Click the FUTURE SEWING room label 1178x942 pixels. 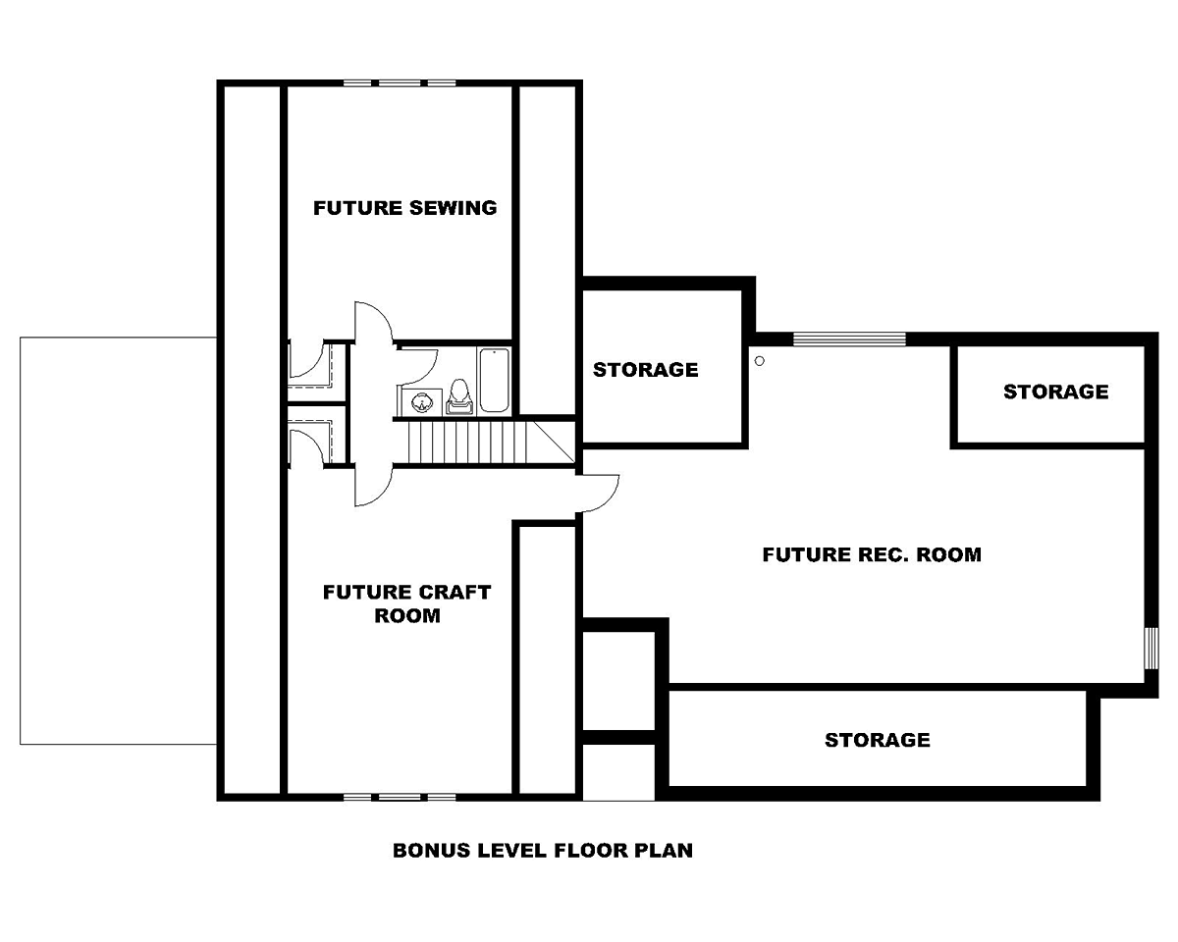click(405, 208)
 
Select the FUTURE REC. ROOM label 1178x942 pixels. click(872, 554)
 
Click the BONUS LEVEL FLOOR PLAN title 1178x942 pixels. click(543, 850)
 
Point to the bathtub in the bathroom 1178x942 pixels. click(494, 381)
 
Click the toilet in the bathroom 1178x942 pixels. click(459, 396)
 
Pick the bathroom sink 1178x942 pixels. click(421, 402)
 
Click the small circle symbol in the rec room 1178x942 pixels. click(759, 361)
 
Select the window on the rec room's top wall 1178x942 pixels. click(849, 339)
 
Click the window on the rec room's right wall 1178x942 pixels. click(1151, 648)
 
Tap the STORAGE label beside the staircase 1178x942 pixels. click(645, 370)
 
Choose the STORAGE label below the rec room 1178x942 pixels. click(877, 740)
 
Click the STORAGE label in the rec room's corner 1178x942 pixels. click(1056, 392)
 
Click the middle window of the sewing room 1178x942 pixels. click(400, 83)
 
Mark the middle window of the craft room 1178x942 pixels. click(400, 797)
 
